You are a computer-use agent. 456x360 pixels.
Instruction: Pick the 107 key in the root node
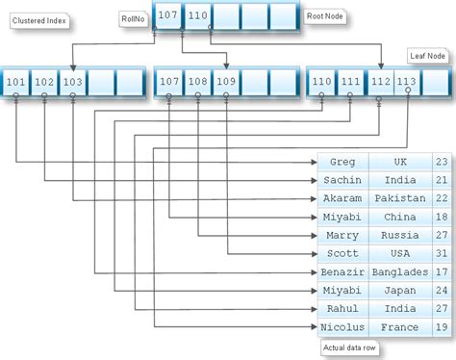tap(168, 15)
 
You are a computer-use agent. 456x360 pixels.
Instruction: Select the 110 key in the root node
tap(196, 15)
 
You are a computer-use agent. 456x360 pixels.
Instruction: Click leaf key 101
tap(16, 83)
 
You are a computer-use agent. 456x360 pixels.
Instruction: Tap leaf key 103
tap(72, 83)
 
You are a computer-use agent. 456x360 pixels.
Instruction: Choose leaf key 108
tap(196, 83)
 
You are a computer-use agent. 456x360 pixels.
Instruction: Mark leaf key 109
tap(224, 83)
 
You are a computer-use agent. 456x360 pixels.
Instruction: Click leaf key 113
tap(406, 83)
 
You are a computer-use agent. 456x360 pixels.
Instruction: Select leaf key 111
tap(351, 83)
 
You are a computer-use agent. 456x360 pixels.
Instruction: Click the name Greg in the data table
tap(342, 163)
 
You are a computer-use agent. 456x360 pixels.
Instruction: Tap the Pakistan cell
tap(399, 197)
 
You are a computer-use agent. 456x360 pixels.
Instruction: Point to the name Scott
tap(342, 253)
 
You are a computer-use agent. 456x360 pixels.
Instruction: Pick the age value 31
tap(441, 253)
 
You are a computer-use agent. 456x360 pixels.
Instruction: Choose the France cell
tap(399, 326)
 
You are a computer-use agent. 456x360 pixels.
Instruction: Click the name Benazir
tap(342, 271)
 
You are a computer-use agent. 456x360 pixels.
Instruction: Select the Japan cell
tap(399, 290)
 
